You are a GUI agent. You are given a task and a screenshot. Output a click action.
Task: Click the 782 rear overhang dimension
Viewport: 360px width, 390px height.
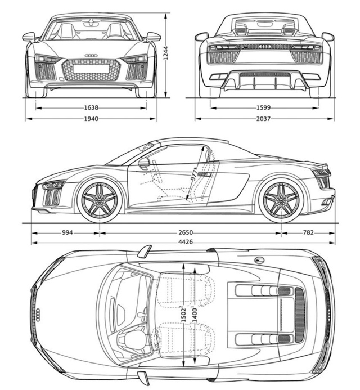[x=308, y=232]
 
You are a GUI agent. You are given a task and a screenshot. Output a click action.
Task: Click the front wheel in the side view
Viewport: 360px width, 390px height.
[x=99, y=200]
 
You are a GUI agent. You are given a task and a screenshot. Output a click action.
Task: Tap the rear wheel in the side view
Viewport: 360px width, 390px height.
[x=281, y=200]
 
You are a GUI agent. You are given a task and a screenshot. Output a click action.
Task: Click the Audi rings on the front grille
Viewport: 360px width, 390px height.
[x=91, y=56]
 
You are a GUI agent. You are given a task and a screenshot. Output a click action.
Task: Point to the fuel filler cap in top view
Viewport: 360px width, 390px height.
[x=259, y=260]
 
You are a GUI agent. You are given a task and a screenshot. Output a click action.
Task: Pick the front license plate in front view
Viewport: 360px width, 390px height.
[x=91, y=69]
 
